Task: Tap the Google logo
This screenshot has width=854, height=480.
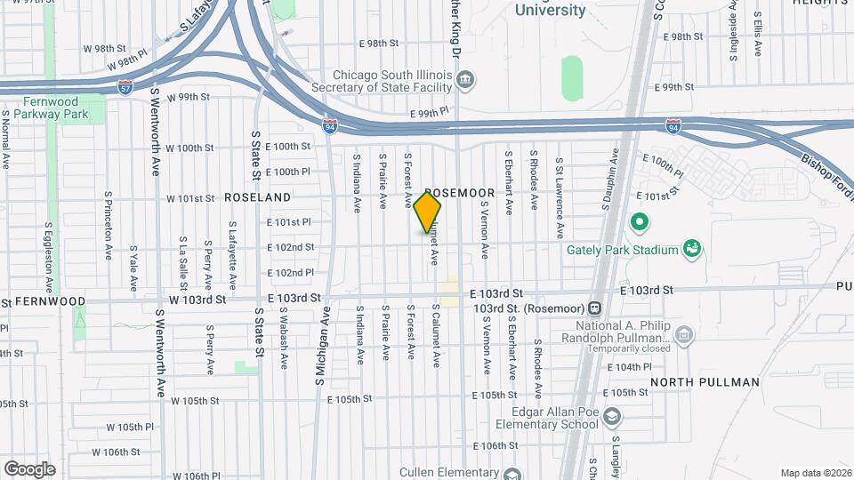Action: coord(29,468)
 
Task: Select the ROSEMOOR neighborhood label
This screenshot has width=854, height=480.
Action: coord(459,193)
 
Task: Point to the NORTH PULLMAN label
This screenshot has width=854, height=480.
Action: coord(705,382)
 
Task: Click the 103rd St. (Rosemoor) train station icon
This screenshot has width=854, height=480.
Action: coord(595,308)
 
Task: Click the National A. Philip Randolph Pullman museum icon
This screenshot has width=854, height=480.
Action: coord(683,335)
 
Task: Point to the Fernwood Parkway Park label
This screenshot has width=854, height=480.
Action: coord(44,108)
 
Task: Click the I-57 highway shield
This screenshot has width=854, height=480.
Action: coord(127,88)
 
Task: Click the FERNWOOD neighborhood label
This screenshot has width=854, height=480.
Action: coord(50,301)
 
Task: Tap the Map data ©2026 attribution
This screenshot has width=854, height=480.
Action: coord(815,473)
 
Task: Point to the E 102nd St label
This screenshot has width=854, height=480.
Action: coord(291,247)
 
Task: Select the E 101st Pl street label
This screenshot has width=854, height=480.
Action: coord(289,221)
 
